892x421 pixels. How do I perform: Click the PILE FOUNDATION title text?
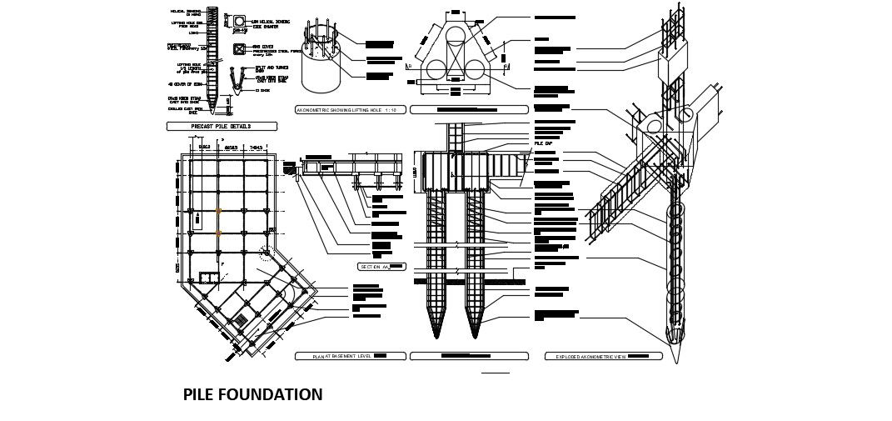click(252, 395)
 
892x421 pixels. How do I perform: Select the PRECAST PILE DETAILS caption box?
click(222, 127)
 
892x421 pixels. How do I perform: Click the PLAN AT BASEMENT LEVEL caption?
click(350, 356)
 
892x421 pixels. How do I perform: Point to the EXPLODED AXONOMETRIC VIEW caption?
click(602, 356)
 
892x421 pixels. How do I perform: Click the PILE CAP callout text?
click(544, 144)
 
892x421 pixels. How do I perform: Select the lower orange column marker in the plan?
click(219, 234)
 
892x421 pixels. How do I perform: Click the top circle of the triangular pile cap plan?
click(456, 35)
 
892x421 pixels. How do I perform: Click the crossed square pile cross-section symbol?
click(240, 50)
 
